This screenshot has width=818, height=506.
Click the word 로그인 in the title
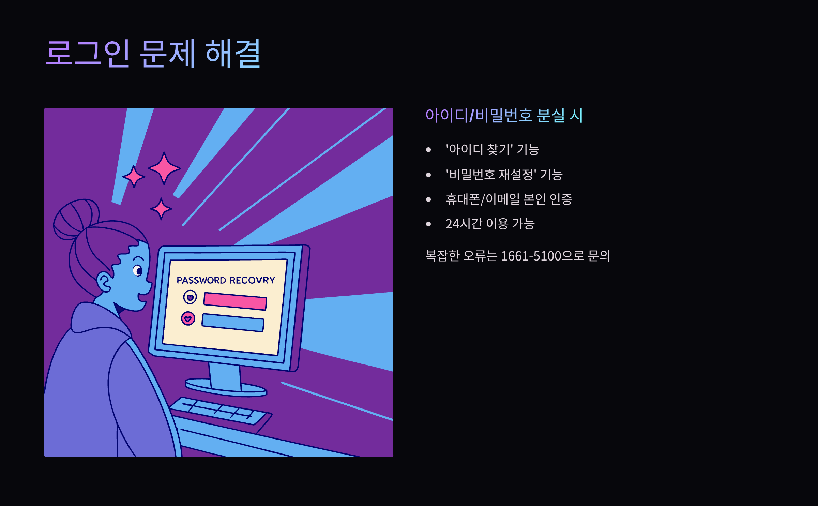[88, 54]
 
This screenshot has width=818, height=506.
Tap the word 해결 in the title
[233, 54]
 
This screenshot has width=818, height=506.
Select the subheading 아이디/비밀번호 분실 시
[504, 115]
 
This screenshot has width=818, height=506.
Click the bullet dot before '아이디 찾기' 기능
[428, 150]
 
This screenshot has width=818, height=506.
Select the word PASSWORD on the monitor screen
[201, 280]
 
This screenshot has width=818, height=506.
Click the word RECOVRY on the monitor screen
[252, 280]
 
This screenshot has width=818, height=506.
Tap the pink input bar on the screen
[235, 301]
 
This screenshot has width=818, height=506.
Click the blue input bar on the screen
[233, 323]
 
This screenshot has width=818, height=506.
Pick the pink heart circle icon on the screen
[188, 319]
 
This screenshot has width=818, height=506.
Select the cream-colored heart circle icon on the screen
[190, 297]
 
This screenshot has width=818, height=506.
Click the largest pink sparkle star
[164, 168]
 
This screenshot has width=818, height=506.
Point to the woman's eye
[138, 271]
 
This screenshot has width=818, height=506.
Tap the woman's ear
[104, 281]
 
